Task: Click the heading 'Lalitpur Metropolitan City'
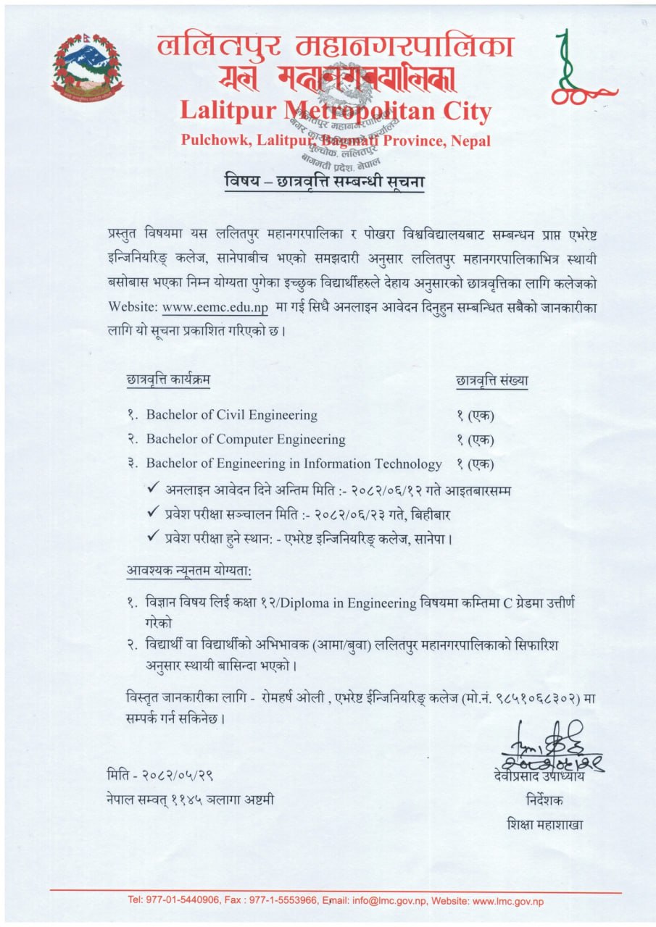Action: pyautogui.click(x=335, y=112)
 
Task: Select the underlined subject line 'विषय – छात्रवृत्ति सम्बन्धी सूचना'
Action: pyautogui.click(x=323, y=183)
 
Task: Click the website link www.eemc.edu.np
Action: pyautogui.click(x=216, y=307)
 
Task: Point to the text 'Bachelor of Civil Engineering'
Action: pyautogui.click(x=232, y=415)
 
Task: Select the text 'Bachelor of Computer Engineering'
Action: pyautogui.click(x=246, y=439)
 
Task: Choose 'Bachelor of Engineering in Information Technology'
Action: pyautogui.click(x=294, y=463)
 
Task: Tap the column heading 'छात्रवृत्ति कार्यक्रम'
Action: pyautogui.click(x=168, y=379)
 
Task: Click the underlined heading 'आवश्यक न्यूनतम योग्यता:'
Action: pyautogui.click(x=188, y=571)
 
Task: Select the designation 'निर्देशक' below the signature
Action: pyautogui.click(x=543, y=801)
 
